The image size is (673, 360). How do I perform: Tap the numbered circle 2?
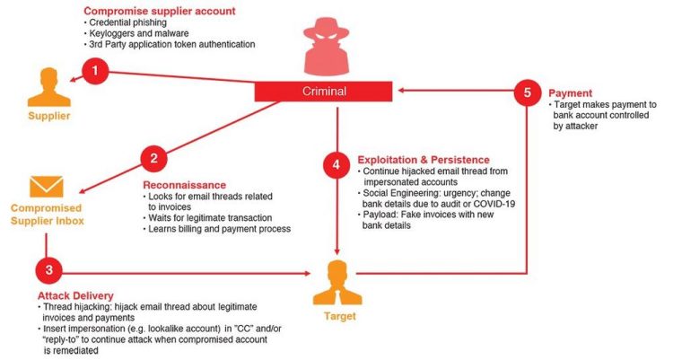(x=154, y=159)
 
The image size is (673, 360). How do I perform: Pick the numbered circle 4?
(x=336, y=165)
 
